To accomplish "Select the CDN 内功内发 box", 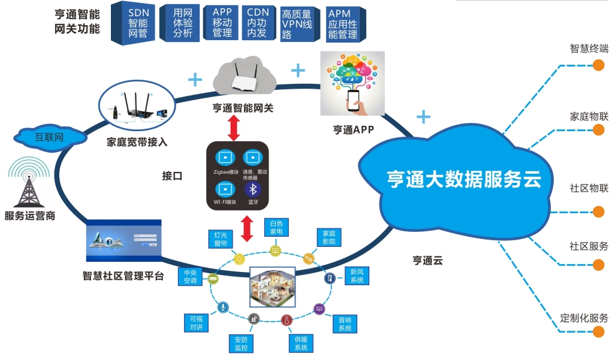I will tap(257, 23).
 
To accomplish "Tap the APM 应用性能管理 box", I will tap(342, 24).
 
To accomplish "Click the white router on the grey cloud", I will tap(248, 78).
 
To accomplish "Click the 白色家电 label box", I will tap(276, 227).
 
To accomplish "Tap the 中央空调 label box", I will tap(190, 276).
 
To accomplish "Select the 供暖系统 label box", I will tap(301, 343).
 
